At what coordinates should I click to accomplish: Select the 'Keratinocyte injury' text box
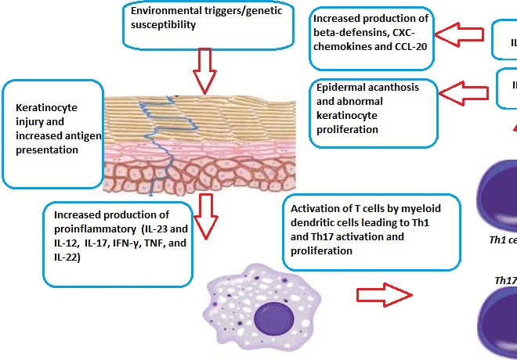coord(54,128)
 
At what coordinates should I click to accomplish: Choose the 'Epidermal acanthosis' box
coord(373,112)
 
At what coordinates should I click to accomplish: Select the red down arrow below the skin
coord(206,216)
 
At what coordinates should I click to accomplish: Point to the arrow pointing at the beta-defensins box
coord(459,34)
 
